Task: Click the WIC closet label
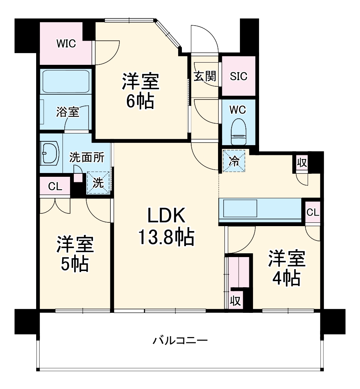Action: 66,44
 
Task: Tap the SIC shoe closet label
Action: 238,76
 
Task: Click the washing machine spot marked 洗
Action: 98,183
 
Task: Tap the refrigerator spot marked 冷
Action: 233,160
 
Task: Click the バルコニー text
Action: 180,341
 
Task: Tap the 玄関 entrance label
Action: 205,76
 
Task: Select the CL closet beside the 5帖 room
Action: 55,186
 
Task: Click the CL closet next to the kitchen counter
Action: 312,212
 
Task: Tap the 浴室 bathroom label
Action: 67,112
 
